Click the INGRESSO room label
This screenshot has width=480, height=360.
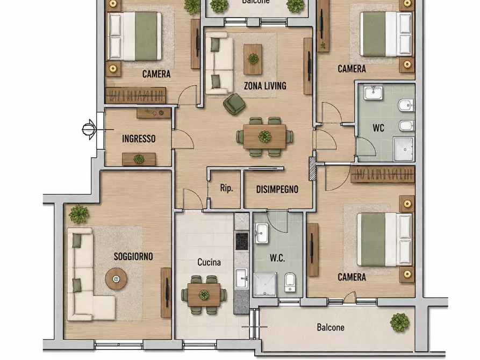click(x=139, y=139)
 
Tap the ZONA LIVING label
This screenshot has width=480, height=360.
click(x=265, y=86)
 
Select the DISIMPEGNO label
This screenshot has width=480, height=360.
click(x=277, y=190)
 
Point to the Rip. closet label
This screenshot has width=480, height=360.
click(x=226, y=188)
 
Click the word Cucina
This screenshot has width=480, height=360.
click(x=209, y=262)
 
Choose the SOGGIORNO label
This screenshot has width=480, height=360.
click(x=133, y=256)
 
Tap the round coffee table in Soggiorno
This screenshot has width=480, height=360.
click(x=116, y=279)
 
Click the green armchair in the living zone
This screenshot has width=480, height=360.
click(x=234, y=104)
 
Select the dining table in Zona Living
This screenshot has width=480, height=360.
click(x=264, y=136)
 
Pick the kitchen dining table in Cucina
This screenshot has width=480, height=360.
click(x=204, y=294)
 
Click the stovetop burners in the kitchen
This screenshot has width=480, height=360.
click(x=241, y=241)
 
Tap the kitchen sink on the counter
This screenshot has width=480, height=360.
click(x=242, y=278)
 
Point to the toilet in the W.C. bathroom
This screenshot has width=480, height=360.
click(x=290, y=283)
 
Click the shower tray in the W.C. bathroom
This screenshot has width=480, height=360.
click(x=265, y=285)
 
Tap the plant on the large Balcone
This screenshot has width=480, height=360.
click(x=399, y=322)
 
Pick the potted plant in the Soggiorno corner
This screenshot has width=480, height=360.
click(x=78, y=214)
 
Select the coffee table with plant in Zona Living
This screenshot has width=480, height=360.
click(x=253, y=60)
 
